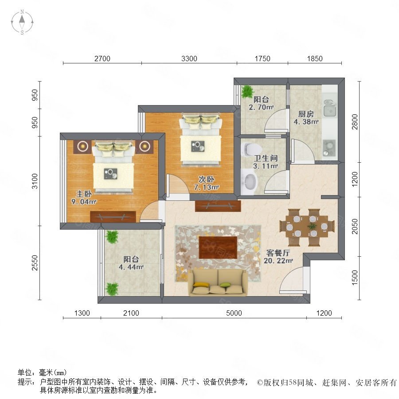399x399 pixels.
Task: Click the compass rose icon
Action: click(22, 22)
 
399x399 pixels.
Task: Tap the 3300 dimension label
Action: click(189, 59)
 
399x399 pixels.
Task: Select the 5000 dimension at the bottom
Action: click(234, 313)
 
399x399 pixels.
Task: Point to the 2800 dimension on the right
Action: click(355, 121)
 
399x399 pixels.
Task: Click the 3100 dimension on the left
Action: click(35, 181)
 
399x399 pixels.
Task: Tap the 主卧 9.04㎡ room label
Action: click(84, 198)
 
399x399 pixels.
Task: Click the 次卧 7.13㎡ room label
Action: click(206, 183)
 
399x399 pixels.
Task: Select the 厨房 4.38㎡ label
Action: click(306, 118)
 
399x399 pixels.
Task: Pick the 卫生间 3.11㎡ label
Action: click(266, 162)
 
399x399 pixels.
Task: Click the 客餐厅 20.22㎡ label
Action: click(278, 257)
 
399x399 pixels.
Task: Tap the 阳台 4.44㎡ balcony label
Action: click(131, 263)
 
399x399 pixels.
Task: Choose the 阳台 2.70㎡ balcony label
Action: click(261, 103)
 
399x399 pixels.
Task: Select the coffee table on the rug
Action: click(218, 247)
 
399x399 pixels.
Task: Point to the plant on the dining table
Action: click(312, 226)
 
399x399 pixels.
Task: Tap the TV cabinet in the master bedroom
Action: click(113, 217)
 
